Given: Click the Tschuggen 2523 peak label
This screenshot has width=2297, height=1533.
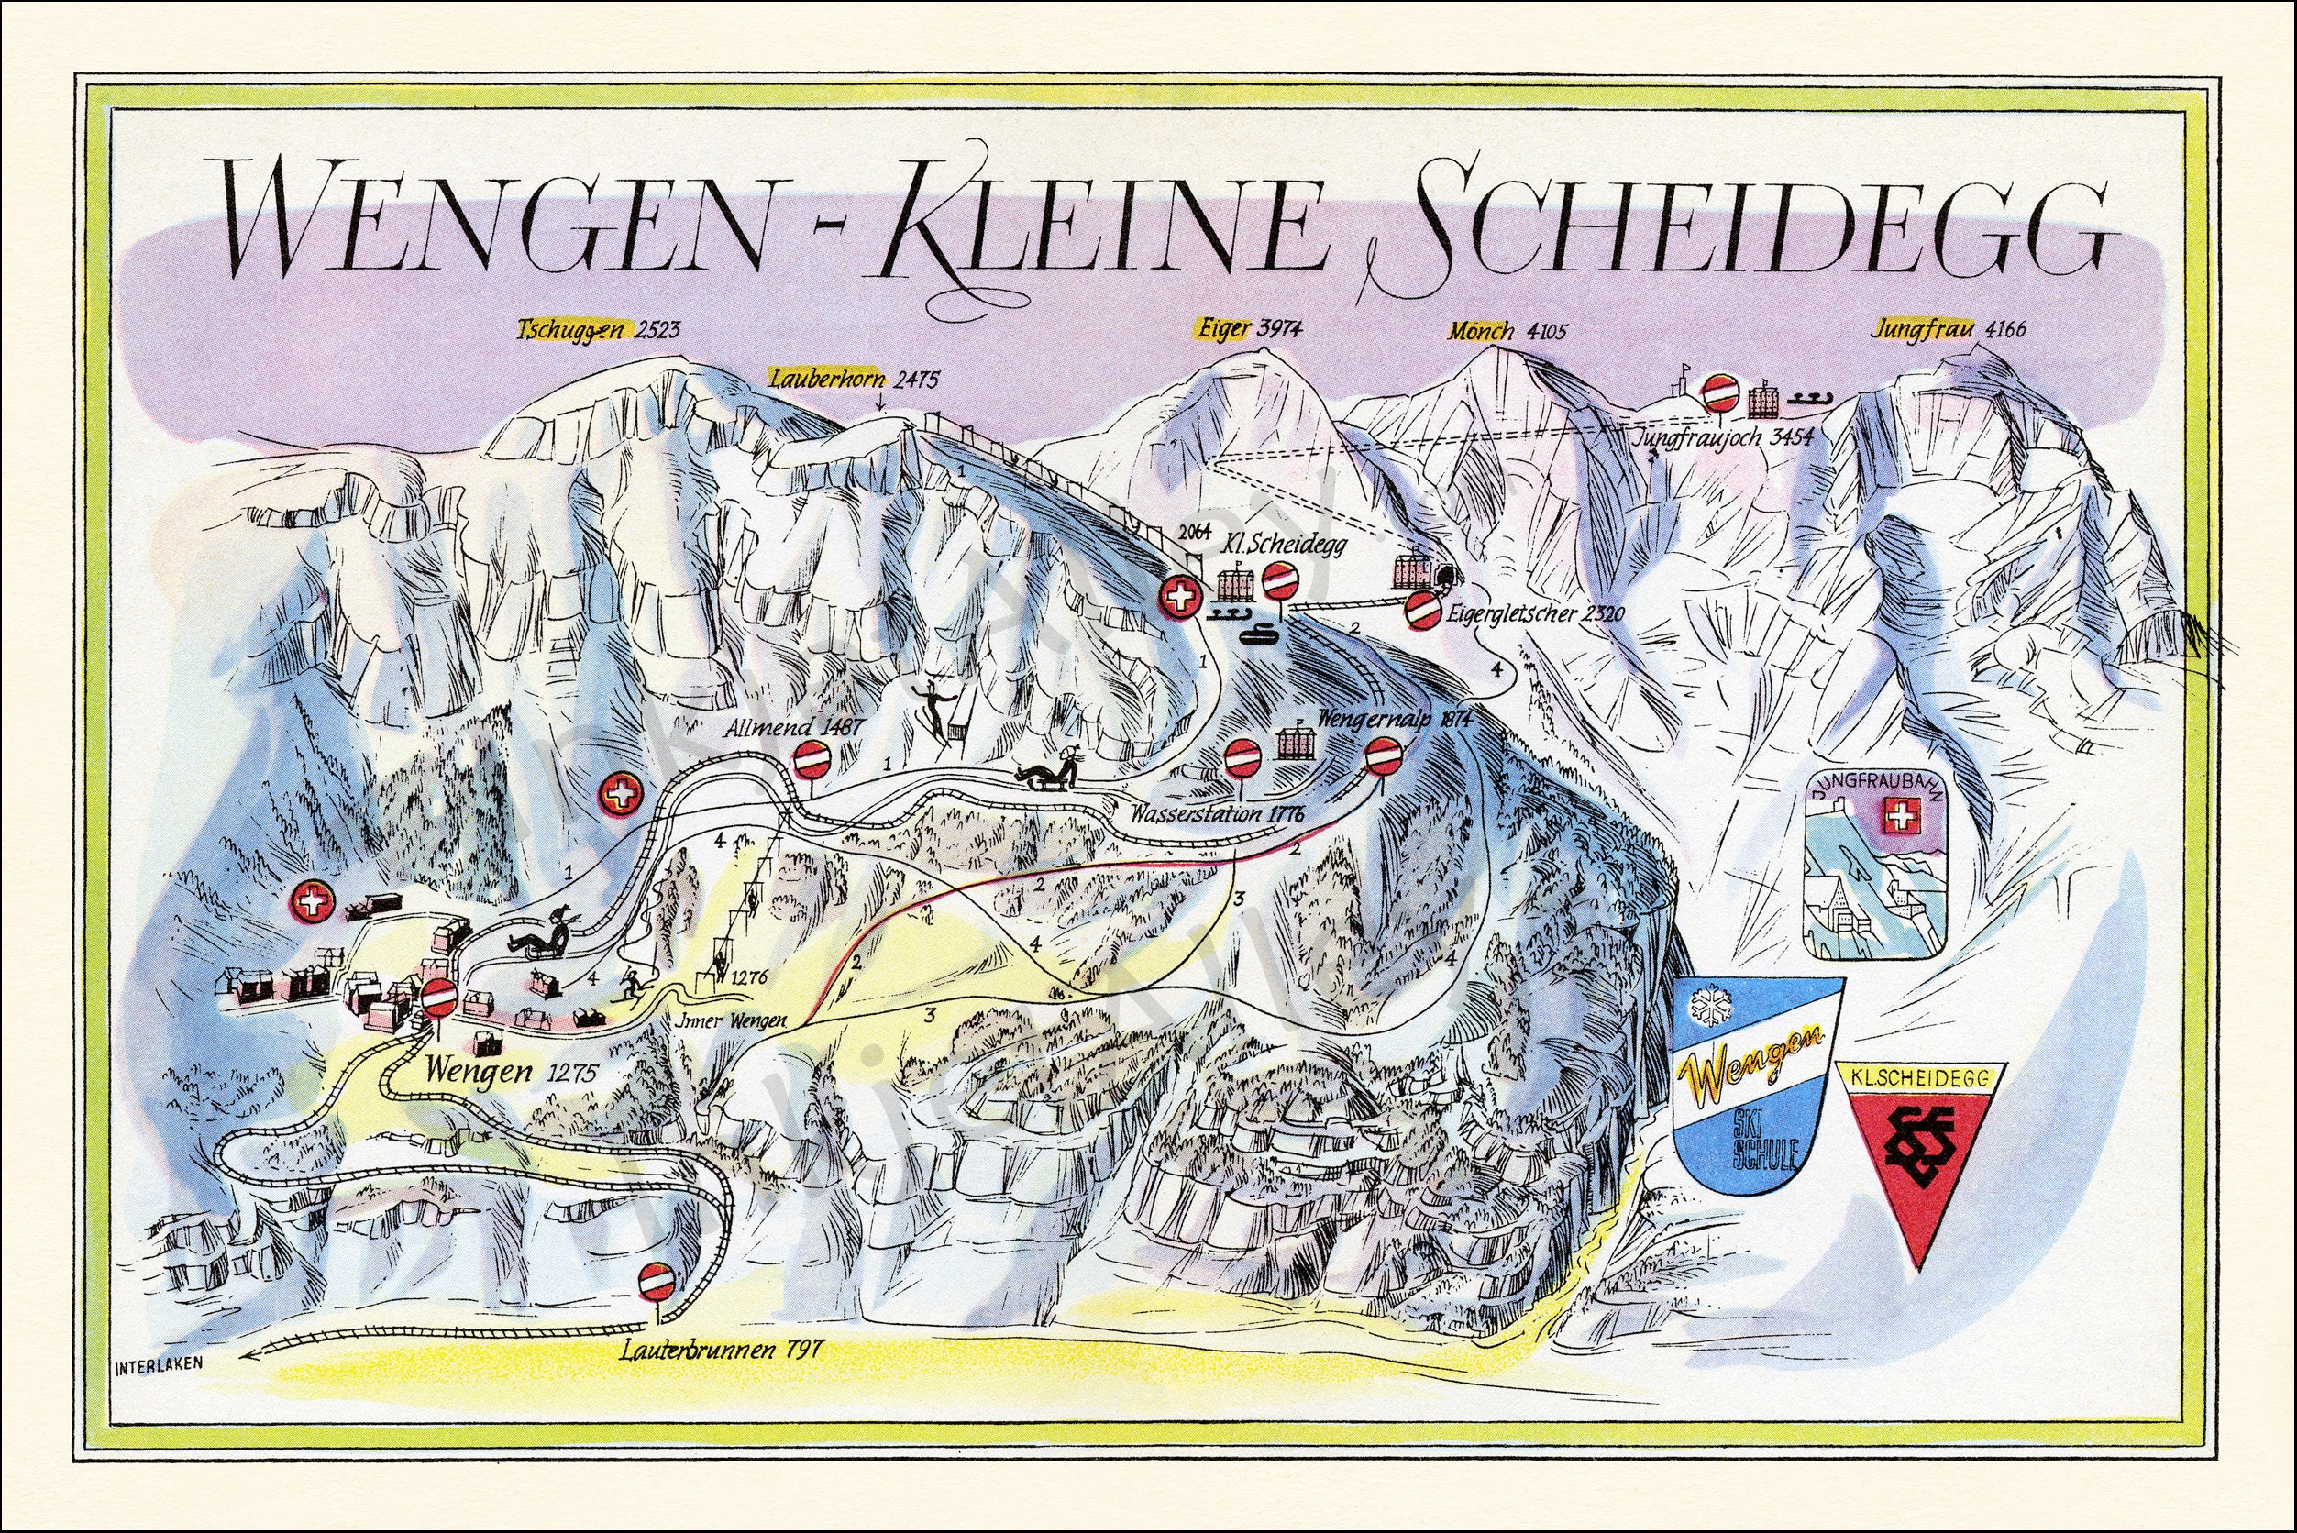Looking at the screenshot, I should (x=597, y=330).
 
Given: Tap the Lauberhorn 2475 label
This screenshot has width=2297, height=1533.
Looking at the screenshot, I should (x=854, y=380).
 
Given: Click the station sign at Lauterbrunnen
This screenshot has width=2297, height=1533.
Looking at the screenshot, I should (x=654, y=1279).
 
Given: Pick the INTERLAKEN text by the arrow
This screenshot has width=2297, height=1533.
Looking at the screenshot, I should (x=158, y=1367).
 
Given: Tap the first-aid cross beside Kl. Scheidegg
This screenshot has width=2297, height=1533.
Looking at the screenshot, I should (x=1180, y=595).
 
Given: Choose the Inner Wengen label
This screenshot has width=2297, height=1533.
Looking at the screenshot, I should (x=730, y=1020).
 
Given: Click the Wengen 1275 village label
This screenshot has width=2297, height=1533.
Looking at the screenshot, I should (x=511, y=1072).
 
